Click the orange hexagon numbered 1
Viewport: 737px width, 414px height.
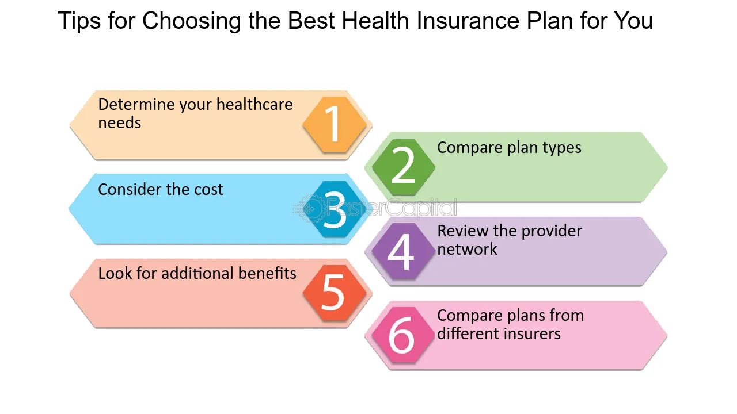[335, 125]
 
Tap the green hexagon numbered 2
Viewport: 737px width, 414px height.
[403, 167]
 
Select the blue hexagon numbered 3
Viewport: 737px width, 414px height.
[335, 209]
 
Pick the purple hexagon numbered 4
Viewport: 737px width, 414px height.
[403, 251]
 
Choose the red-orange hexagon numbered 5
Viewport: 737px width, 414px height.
[335, 293]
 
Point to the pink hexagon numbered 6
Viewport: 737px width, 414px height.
[402, 335]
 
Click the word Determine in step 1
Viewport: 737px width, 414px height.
[136, 105]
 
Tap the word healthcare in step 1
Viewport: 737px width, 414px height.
[254, 105]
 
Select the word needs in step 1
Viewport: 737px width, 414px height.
[119, 123]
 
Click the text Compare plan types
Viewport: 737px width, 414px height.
[509, 148]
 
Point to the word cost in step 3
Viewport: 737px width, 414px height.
[207, 190]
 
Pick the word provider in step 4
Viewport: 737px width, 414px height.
[547, 231]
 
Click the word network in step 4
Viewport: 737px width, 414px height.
[467, 250]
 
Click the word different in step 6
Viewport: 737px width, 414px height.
[466, 333]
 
